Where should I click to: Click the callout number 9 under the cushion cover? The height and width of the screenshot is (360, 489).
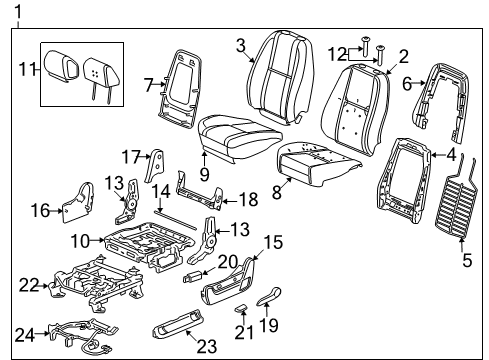click(203, 172)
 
